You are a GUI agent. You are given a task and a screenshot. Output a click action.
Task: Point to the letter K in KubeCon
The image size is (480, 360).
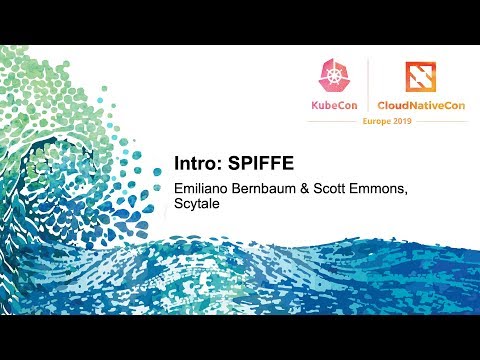tap(313, 104)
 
